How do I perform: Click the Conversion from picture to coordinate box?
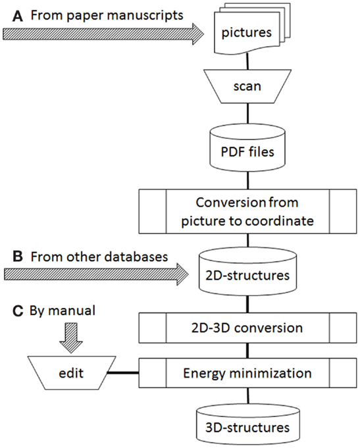click(x=245, y=211)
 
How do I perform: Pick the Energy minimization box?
click(x=245, y=373)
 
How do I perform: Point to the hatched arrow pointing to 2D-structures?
click(x=99, y=271)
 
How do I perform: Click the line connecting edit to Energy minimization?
click(x=122, y=373)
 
